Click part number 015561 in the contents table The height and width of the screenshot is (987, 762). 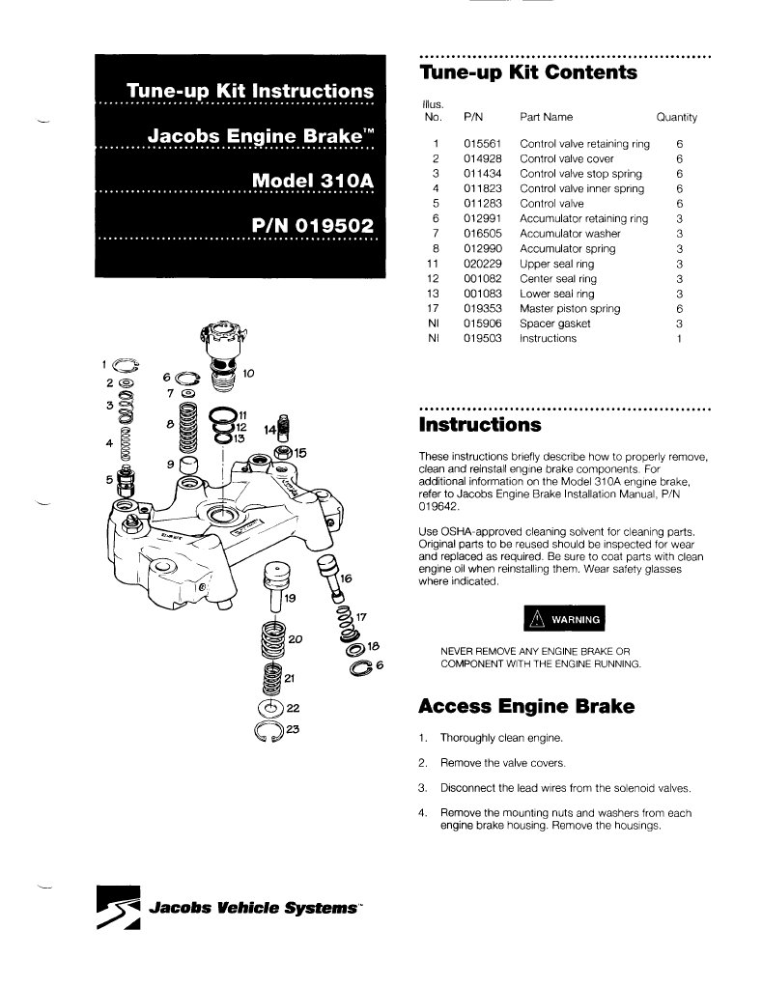click(x=479, y=144)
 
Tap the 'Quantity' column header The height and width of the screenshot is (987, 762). click(x=676, y=117)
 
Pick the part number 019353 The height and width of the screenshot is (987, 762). click(x=479, y=309)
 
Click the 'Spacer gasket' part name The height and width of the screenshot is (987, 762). click(x=554, y=324)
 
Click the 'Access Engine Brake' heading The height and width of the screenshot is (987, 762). click(x=526, y=707)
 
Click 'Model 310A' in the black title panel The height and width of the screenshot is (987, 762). click(x=313, y=181)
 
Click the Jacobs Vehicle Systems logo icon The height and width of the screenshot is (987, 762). click(x=120, y=910)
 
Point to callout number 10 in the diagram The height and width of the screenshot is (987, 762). click(x=248, y=373)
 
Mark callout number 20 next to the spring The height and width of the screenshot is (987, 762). click(x=296, y=639)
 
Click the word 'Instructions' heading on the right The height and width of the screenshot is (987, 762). click(x=480, y=425)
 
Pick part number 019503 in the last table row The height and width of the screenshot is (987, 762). click(x=479, y=339)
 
